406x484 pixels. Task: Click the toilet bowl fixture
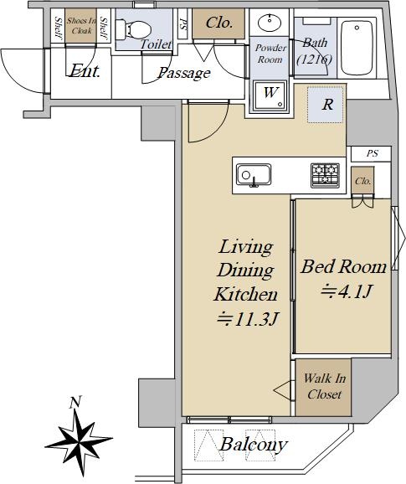[x=133, y=29]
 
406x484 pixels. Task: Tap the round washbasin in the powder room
[x=270, y=23]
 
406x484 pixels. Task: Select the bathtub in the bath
[x=357, y=48]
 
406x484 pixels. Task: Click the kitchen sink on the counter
[x=254, y=175]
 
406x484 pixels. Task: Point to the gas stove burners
[x=325, y=175]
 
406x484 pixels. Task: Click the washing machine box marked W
[x=270, y=96]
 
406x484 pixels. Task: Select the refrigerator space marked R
[x=325, y=105]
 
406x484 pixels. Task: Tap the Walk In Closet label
[x=324, y=386]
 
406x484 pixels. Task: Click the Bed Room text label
[x=344, y=266]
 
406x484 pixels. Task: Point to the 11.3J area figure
[x=248, y=319]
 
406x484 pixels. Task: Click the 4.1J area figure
[x=347, y=291]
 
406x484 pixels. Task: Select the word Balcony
[x=254, y=445]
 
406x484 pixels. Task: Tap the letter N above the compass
[x=75, y=402]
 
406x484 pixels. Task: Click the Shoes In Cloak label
[x=81, y=26]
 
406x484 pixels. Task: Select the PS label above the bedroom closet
[x=372, y=153]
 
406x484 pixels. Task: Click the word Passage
[x=184, y=73]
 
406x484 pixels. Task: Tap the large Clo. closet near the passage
[x=218, y=23]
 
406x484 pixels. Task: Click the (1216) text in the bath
[x=315, y=59]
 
